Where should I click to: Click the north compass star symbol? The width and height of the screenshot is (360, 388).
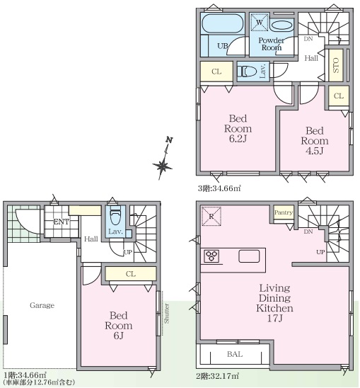point(163,166)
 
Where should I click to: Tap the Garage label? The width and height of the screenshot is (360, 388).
point(42,305)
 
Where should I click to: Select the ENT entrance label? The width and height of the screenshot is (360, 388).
point(62,222)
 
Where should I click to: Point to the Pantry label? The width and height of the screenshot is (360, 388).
point(284,212)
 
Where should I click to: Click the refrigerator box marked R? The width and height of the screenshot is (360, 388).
point(211,216)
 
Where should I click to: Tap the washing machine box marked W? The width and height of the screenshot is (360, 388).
point(260,22)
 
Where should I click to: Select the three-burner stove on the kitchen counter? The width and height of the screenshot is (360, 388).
point(211,256)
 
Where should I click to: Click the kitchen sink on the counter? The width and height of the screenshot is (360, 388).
point(249,256)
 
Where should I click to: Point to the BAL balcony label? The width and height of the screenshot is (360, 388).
point(235,354)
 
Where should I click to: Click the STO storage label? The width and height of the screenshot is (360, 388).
point(336,65)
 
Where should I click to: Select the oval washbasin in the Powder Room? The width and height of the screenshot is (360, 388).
point(281,25)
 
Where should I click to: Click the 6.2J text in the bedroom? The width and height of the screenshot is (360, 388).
point(238,139)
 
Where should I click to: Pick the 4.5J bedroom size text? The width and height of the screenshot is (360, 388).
point(315,151)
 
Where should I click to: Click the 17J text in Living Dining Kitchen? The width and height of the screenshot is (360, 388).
point(274,319)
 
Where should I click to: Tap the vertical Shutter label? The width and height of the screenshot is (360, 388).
point(167,313)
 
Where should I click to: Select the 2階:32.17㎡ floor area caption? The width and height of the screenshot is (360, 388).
point(218,376)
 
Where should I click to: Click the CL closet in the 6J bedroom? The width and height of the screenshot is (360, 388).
point(131,274)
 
